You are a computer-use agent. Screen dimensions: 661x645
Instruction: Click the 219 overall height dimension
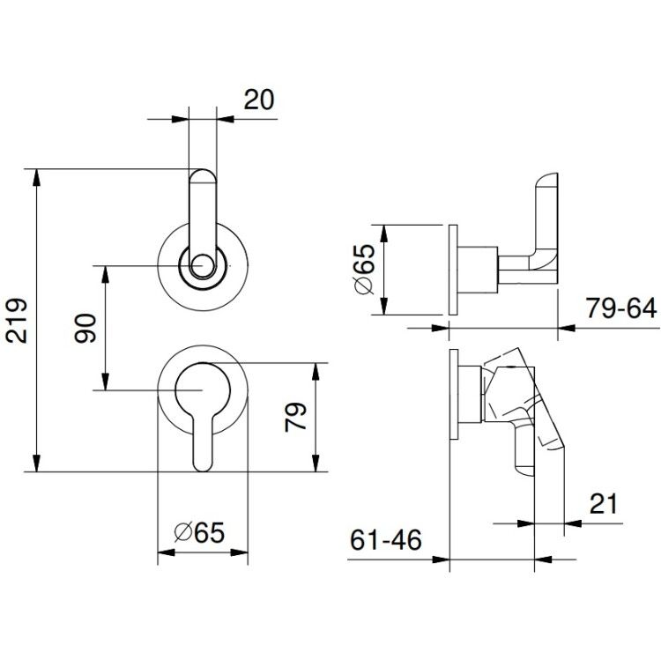click(x=17, y=321)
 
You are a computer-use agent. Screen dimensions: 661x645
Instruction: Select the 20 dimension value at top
click(x=259, y=100)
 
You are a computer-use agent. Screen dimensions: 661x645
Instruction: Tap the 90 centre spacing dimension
click(x=85, y=328)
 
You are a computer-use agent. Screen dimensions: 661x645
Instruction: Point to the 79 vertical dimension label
click(x=295, y=417)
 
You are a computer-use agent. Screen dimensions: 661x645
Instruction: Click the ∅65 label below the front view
click(x=199, y=532)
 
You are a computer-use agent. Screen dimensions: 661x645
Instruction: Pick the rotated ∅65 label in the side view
click(x=364, y=270)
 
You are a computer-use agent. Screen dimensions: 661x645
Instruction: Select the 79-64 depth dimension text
click(x=621, y=308)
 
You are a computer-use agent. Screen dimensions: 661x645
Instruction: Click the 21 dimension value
click(x=603, y=503)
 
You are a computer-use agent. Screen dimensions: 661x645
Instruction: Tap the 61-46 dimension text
click(x=386, y=540)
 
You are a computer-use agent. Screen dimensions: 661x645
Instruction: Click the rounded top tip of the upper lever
click(x=203, y=169)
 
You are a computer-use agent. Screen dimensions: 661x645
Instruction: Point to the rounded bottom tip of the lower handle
click(x=203, y=471)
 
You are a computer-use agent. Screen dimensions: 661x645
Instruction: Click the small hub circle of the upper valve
click(x=203, y=266)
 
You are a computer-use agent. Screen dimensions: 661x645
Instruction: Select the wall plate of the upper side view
click(x=453, y=270)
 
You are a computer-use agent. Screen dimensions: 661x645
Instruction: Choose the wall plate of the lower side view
click(x=454, y=395)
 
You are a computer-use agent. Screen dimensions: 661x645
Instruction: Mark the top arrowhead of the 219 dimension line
click(x=37, y=177)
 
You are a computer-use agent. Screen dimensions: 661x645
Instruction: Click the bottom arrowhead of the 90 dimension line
click(x=106, y=382)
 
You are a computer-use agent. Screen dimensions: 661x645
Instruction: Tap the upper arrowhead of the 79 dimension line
click(x=316, y=371)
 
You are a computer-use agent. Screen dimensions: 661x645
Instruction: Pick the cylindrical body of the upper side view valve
click(x=478, y=270)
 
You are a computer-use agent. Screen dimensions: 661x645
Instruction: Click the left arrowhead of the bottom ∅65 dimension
click(x=166, y=552)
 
